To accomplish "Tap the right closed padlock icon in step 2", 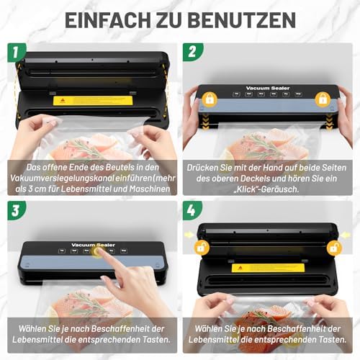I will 323,98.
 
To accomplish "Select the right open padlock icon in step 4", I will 333,247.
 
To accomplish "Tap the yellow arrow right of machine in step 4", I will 352,235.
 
